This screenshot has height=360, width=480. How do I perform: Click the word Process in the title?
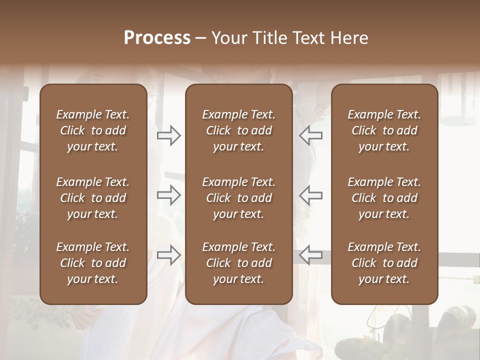click(157, 38)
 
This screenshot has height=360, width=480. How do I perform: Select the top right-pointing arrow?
click(168, 135)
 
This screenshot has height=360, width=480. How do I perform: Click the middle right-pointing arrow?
click(168, 195)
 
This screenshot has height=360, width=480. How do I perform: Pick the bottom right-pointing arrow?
click(168, 255)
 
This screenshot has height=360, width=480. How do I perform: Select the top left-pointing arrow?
click(310, 135)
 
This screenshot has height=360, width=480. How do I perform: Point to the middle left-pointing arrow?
click(310, 195)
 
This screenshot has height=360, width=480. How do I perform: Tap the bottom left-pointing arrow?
click(310, 255)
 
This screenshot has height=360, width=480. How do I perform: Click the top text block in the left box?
click(93, 130)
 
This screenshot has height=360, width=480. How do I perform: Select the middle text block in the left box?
click(93, 198)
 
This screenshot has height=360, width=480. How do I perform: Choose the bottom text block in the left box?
click(93, 263)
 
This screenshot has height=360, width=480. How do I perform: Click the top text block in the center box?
click(238, 130)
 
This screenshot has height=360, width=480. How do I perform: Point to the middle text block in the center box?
click(238, 198)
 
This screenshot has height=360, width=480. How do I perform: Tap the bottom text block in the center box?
click(238, 263)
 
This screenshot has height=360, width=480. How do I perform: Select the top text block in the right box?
click(384, 130)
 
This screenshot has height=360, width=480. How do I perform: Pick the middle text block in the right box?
click(384, 198)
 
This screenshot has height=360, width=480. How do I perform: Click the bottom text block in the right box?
click(384, 263)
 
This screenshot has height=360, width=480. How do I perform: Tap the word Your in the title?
click(227, 38)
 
